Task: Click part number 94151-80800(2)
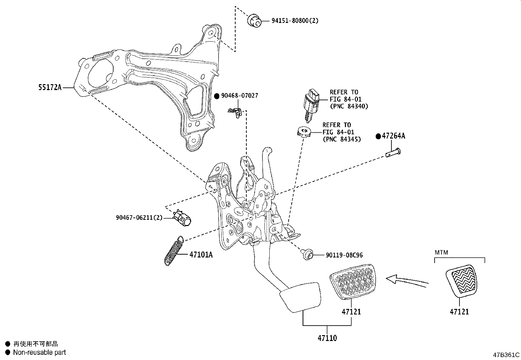point(295,21)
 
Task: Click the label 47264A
point(393,136)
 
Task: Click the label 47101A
point(201,255)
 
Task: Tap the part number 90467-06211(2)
point(139,218)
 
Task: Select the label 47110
point(327,338)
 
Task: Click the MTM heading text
point(441,253)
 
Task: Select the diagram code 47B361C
point(506,355)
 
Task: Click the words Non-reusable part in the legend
point(39,352)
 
